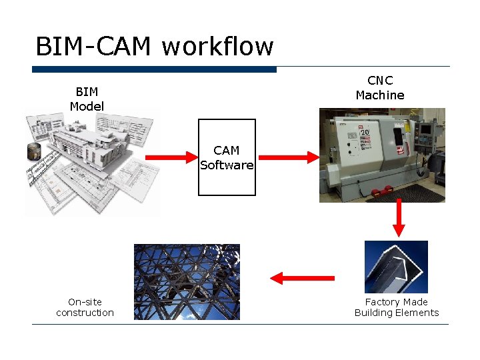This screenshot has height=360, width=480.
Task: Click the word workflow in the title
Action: [x=217, y=47]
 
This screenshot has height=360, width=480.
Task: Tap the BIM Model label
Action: [x=87, y=99]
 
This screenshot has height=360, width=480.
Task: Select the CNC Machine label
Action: [x=380, y=88]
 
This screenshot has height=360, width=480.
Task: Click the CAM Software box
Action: [x=227, y=157]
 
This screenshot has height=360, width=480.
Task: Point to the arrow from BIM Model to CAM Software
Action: [x=167, y=157]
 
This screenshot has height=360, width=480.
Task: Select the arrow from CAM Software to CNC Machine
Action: [x=289, y=157]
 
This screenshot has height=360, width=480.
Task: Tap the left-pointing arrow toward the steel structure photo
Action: [x=302, y=278]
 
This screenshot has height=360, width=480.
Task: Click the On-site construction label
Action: [x=85, y=307]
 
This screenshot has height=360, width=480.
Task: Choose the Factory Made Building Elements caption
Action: [x=397, y=307]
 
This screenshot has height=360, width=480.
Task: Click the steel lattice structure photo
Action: [x=187, y=281]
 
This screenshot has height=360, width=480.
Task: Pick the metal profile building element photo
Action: [x=396, y=267]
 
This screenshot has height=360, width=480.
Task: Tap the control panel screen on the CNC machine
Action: [x=425, y=129]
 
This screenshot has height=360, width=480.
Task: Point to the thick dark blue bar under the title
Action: [x=154, y=69]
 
